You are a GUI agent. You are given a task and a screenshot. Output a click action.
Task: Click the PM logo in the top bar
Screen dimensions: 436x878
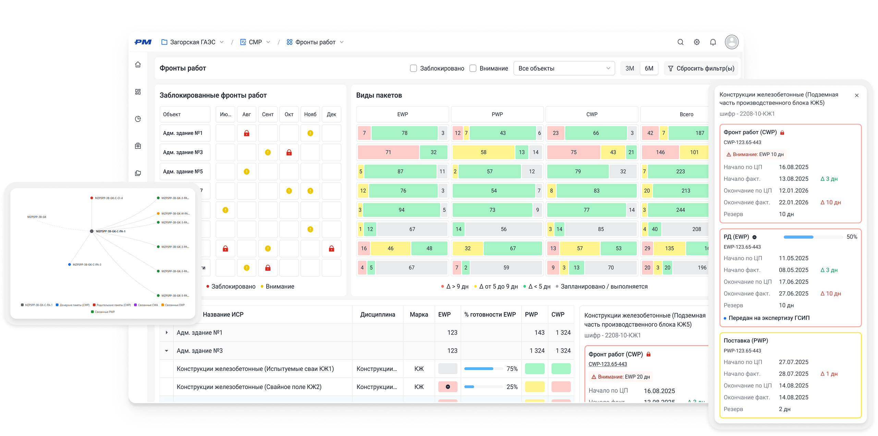click(x=143, y=42)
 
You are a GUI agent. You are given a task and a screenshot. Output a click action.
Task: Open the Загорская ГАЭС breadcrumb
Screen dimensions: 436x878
click(x=192, y=42)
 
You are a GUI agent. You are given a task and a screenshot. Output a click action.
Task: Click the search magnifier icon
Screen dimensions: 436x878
click(x=680, y=42)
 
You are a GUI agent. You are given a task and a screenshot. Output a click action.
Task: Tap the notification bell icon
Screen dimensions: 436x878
click(x=713, y=42)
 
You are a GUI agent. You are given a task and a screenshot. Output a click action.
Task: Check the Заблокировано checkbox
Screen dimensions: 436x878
click(x=414, y=68)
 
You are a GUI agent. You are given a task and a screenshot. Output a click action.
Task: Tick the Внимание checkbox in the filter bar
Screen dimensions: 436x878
click(x=473, y=68)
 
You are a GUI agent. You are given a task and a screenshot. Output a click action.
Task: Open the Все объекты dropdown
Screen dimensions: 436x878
click(x=564, y=68)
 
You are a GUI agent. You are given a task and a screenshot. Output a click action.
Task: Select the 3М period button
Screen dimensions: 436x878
click(x=630, y=68)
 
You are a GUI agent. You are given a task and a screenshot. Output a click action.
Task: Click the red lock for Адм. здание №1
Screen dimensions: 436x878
click(x=246, y=133)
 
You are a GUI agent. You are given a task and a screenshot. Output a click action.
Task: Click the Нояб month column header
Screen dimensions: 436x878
click(x=310, y=114)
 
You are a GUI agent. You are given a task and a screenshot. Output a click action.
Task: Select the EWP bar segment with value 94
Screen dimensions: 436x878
click(x=401, y=210)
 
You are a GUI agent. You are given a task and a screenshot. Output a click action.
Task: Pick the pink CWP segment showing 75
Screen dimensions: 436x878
click(x=573, y=152)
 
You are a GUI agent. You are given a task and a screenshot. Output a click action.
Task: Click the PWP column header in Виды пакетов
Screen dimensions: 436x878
click(x=497, y=114)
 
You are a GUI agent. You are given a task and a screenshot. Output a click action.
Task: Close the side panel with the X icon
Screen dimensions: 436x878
click(x=856, y=95)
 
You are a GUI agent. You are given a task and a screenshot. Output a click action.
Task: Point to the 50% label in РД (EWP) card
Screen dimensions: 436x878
click(x=852, y=237)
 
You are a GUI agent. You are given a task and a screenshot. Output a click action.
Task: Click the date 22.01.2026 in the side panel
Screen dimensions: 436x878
click(x=793, y=202)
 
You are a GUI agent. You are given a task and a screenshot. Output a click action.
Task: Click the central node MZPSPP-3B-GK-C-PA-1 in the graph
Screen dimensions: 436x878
click(x=92, y=231)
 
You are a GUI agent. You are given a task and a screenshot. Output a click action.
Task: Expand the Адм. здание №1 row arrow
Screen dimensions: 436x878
click(x=167, y=332)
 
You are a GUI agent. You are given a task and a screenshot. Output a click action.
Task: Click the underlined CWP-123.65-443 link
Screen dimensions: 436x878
click(x=608, y=364)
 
